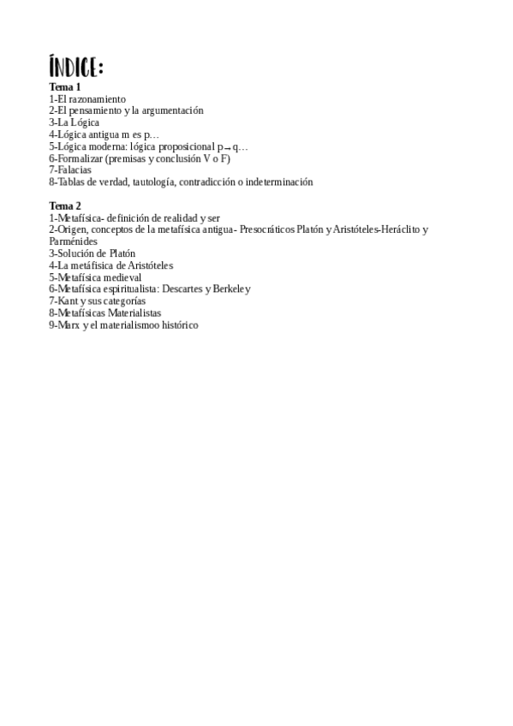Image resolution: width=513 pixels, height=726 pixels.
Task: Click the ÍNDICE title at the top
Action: tap(76, 67)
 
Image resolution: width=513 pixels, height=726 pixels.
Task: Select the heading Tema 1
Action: tap(64, 87)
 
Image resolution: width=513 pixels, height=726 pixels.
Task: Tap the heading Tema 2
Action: tap(64, 205)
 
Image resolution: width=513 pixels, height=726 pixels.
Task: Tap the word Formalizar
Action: tap(80, 158)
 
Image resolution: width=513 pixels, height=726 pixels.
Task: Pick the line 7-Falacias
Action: tap(73, 170)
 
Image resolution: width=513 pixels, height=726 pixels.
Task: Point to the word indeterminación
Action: tap(272, 181)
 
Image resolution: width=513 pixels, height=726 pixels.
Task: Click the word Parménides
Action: tap(73, 241)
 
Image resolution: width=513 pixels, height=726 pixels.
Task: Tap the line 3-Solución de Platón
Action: tap(92, 253)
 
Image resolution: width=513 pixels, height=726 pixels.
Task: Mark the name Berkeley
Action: tap(232, 289)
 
